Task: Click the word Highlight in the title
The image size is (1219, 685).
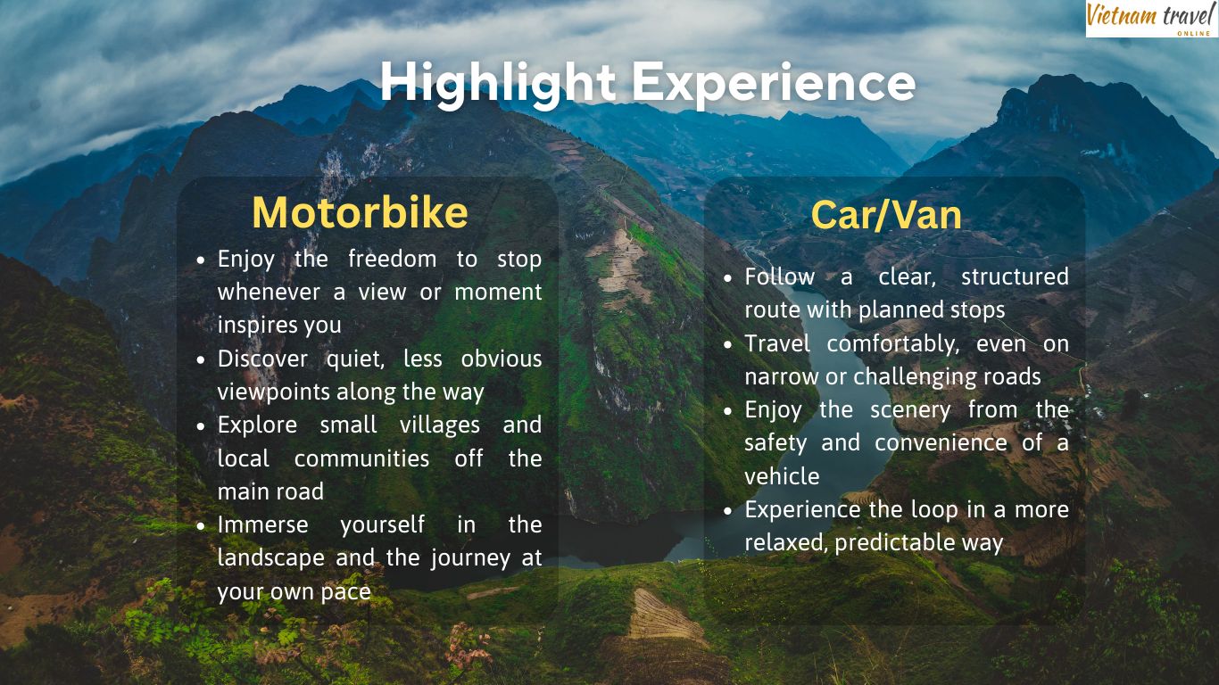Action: coord(498,82)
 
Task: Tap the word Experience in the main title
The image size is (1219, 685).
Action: coord(775,82)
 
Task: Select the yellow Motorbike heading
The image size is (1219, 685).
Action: coord(360,212)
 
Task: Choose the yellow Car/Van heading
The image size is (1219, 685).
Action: coord(886,215)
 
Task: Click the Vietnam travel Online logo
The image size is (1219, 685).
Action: coord(1151,19)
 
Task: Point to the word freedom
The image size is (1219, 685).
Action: coord(392,260)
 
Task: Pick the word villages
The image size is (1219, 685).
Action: coord(428,425)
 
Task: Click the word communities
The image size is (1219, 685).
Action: coord(361,458)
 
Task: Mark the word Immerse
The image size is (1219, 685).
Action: coord(262,525)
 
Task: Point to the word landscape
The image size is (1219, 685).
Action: coord(270,558)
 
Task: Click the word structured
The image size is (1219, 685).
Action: coord(1015,277)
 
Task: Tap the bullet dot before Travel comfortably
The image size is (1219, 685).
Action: coord(728,344)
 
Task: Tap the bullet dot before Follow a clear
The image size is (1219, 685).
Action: coord(728,277)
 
